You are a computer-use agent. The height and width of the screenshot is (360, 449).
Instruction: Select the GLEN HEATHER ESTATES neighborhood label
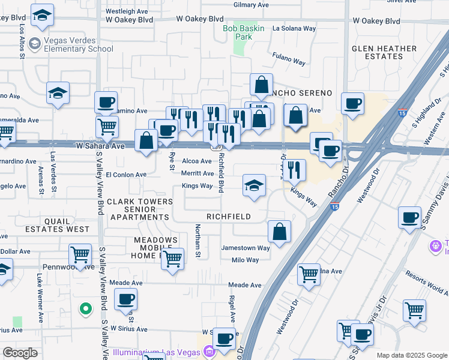coord(384,52)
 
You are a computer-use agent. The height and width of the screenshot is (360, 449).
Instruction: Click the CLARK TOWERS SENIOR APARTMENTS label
coord(139,210)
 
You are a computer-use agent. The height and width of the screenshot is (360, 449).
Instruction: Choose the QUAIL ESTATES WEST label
coord(57,224)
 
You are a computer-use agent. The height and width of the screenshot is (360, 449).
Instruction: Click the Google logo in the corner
coord(20,353)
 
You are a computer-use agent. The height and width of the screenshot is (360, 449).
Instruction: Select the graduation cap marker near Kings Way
coord(255,185)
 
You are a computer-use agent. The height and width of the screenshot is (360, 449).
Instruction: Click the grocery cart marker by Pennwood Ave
coord(80,255)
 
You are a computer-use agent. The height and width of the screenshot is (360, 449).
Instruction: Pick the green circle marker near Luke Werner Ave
coord(86,309)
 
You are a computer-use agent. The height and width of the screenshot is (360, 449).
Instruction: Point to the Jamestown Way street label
coord(246,248)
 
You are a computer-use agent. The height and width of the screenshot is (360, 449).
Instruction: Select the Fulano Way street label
coord(289,62)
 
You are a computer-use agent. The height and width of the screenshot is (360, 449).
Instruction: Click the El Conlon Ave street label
coord(126,175)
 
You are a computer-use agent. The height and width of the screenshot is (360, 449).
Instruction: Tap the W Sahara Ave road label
coord(100,146)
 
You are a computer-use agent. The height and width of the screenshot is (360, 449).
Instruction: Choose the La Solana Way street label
coord(294,28)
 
